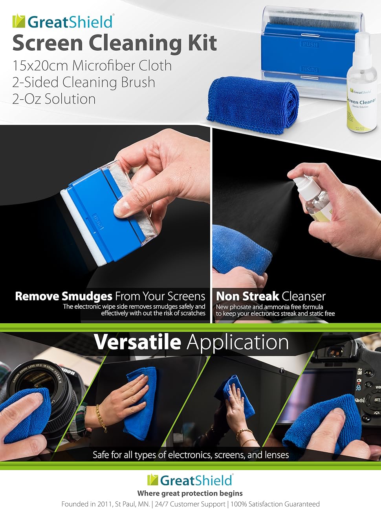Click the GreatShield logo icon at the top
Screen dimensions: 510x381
18,21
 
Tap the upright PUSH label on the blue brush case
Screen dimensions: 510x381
310,44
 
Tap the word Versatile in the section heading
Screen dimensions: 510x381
137,342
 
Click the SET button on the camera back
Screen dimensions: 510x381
376,400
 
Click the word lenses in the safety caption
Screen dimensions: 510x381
276,455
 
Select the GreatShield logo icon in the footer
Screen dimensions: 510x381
153,480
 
